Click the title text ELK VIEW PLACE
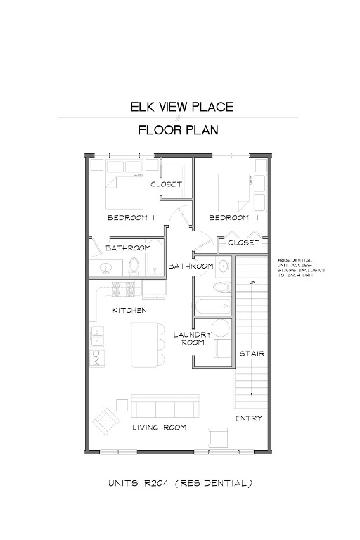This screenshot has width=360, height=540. (181, 108)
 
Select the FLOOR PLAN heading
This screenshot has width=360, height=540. (178, 130)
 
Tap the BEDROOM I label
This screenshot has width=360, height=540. (131, 218)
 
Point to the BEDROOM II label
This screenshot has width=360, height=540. (234, 218)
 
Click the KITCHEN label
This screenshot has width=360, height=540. (130, 310)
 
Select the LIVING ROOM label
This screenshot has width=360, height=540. (160, 427)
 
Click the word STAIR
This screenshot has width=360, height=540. (252, 353)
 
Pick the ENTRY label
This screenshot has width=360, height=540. (249, 418)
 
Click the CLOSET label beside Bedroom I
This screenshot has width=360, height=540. (167, 184)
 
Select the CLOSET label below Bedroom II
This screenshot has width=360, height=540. (244, 243)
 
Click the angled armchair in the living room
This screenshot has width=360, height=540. (105, 421)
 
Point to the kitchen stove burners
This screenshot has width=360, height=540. (123, 288)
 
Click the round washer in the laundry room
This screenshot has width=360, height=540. (222, 328)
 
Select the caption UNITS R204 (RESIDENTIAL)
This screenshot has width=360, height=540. (180, 483)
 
